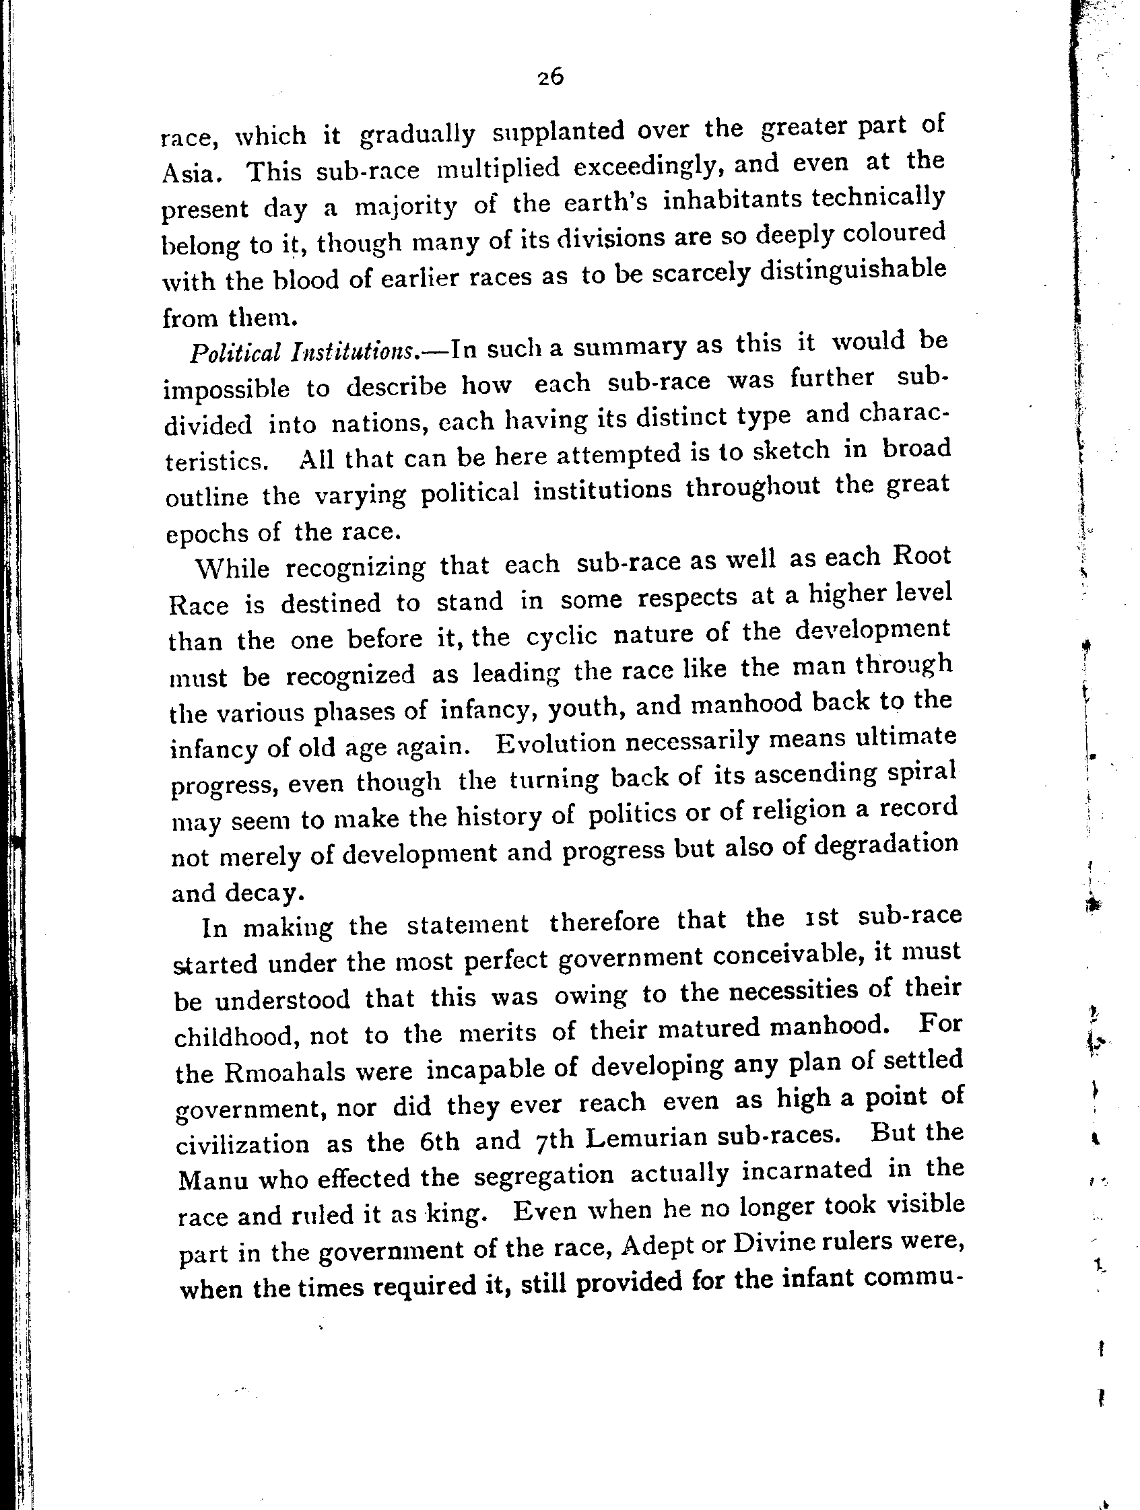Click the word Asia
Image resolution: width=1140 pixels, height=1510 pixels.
tap(191, 174)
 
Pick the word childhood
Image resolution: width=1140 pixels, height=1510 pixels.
tap(238, 1037)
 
